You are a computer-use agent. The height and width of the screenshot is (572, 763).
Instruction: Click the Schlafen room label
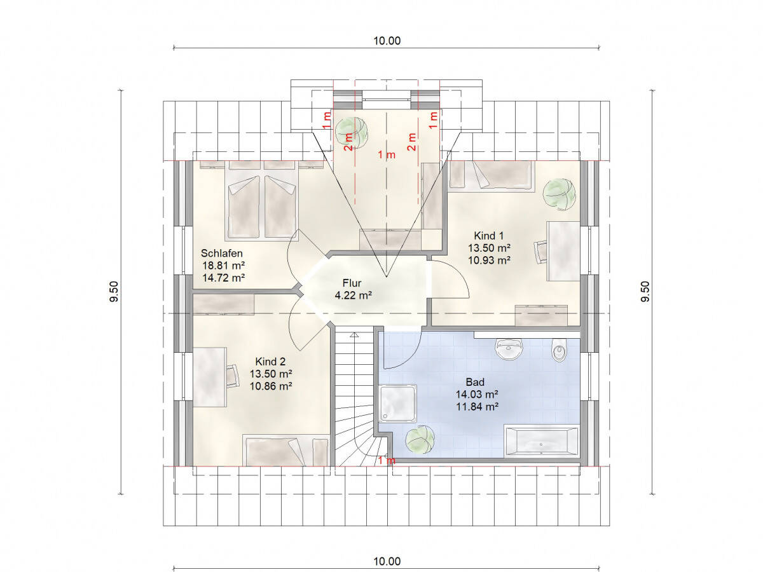tap(221, 253)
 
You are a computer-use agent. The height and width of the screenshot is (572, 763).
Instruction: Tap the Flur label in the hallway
tap(352, 283)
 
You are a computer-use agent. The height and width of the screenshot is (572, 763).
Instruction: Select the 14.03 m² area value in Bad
tap(477, 394)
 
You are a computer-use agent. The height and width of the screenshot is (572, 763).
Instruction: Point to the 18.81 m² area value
tap(224, 266)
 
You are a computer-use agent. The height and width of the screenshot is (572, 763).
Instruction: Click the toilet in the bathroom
tap(560, 350)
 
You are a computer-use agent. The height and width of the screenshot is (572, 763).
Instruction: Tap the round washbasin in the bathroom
tap(509, 349)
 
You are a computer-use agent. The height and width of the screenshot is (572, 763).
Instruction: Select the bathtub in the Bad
tap(541, 440)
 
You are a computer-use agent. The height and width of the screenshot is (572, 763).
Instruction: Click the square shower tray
tap(397, 403)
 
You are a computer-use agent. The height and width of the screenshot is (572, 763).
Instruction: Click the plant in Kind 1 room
tap(560, 194)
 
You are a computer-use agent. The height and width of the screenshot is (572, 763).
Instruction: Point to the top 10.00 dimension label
tap(387, 41)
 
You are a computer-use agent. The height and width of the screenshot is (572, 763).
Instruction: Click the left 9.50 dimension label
tap(114, 292)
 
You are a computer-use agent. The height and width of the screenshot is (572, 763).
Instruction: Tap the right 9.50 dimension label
tap(645, 292)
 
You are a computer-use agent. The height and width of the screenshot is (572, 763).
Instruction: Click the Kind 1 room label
tap(488, 236)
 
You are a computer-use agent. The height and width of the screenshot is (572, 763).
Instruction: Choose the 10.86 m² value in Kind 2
tap(271, 386)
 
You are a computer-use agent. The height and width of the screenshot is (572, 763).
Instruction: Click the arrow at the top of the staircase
tap(354, 335)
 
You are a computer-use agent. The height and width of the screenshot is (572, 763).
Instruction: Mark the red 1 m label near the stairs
tap(387, 461)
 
